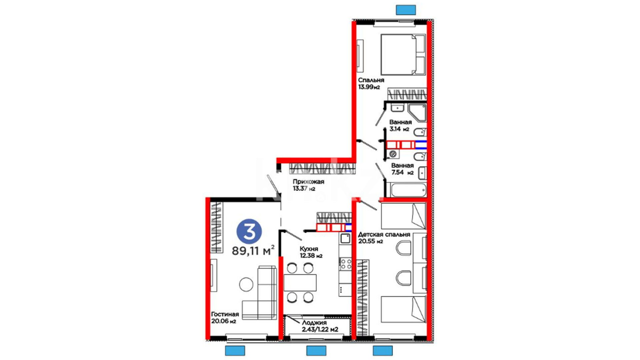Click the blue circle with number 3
(x=249, y=231)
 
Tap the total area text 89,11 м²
(x=253, y=250)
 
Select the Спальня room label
(x=371, y=80)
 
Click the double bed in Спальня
(x=403, y=55)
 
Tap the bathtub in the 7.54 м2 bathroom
(x=409, y=190)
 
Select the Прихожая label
(x=308, y=182)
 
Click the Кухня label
(x=309, y=249)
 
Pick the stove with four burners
(x=345, y=264)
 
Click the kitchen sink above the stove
(x=345, y=238)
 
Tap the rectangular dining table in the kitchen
(x=300, y=283)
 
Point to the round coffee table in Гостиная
(x=246, y=284)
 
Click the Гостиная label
(x=225, y=314)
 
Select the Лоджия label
(x=314, y=323)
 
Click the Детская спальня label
(x=384, y=234)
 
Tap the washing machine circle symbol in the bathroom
(x=393, y=154)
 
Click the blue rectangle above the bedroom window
(x=406, y=10)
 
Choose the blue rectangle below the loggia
(x=316, y=351)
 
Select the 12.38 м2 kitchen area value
(x=311, y=256)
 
